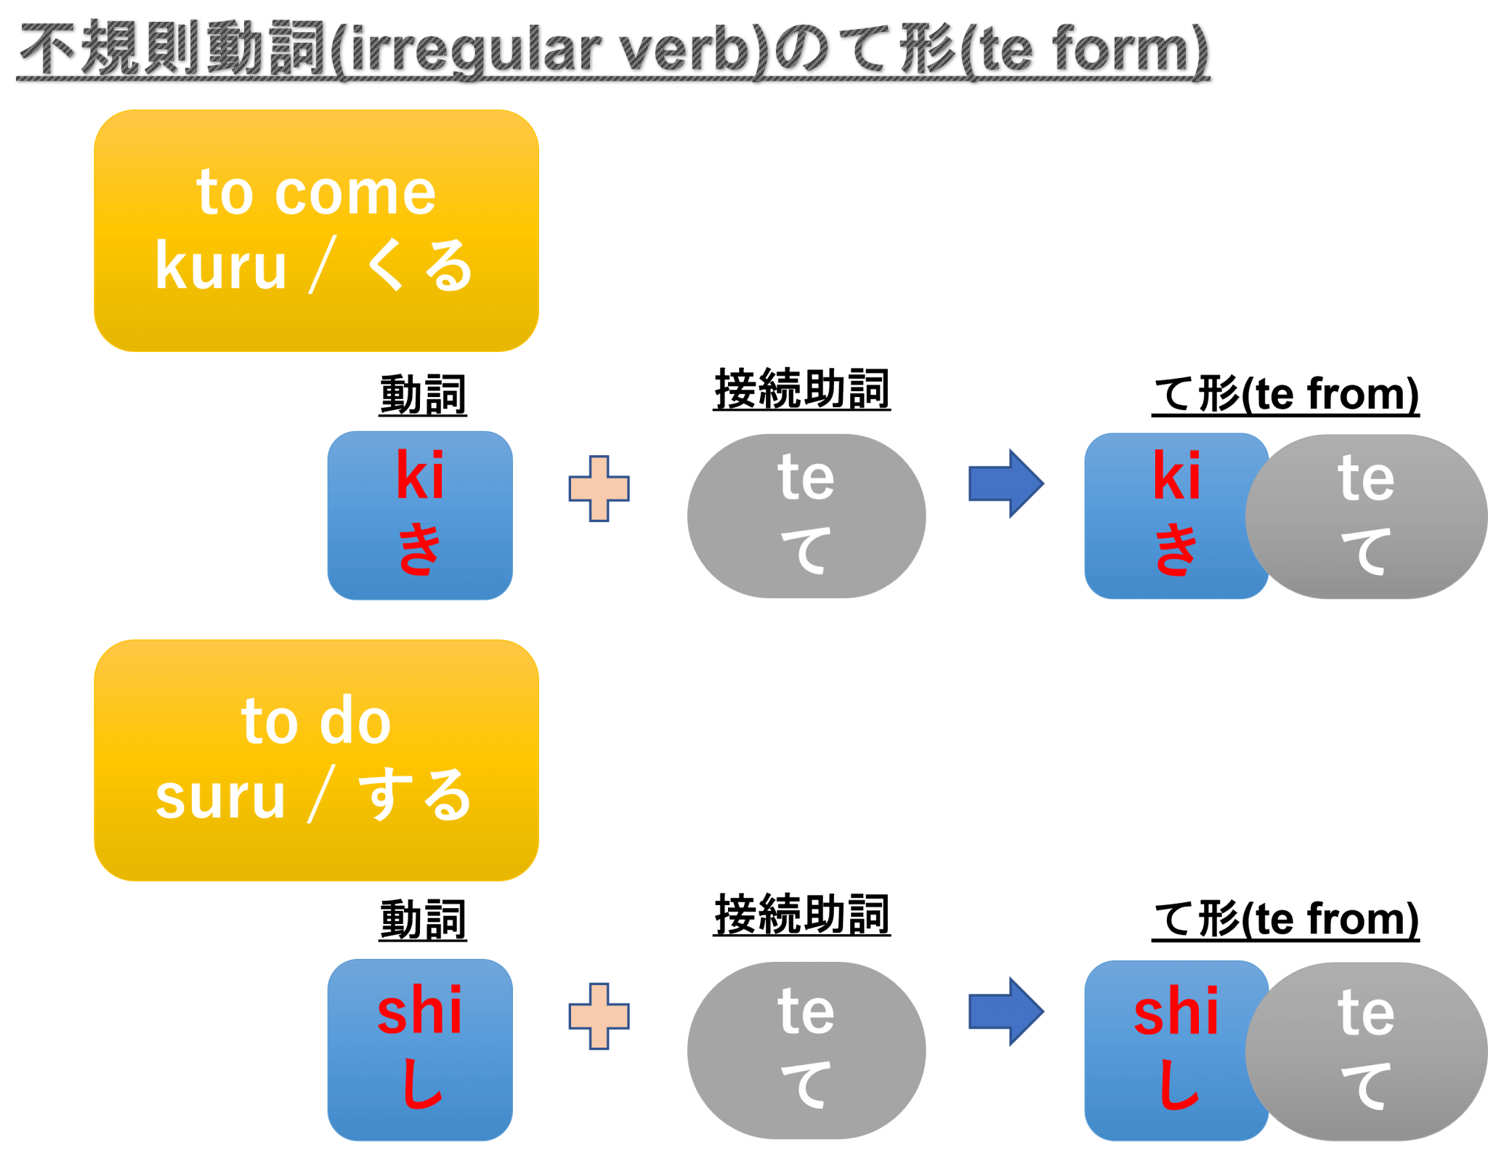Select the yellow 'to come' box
pos(316,230)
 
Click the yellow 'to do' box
pos(316,760)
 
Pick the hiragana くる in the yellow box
pos(419,266)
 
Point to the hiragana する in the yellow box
pos(416,795)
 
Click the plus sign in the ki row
pos(599,489)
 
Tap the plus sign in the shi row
pos(599,1016)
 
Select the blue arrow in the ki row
pos(1006,483)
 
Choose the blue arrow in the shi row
pos(1006,1011)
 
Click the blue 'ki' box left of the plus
pos(420,515)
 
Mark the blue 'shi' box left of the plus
pos(420,1049)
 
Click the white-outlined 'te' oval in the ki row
pos(806,515)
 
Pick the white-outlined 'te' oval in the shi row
pos(806,1050)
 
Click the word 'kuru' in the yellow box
pos(221,267)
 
